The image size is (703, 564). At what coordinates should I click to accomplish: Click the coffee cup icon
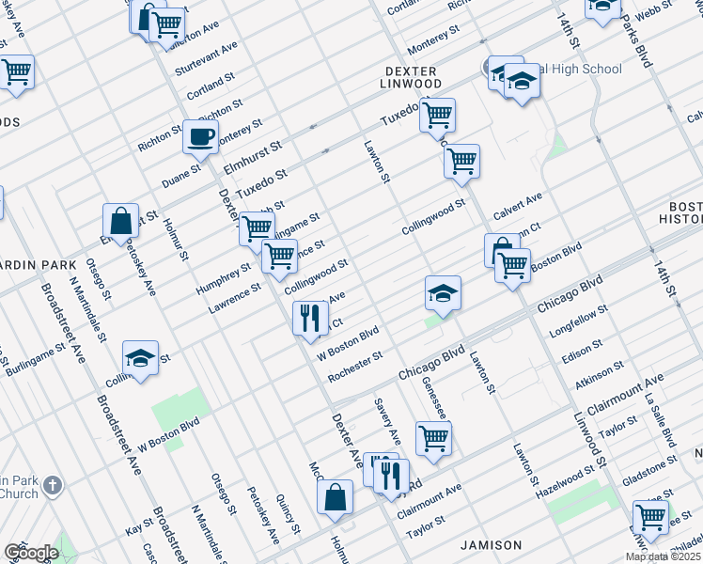[200, 136]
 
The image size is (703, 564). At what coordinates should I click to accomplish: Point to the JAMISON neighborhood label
[491, 545]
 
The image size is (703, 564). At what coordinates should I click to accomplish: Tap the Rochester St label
[354, 368]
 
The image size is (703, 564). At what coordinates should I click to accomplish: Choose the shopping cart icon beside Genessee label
[433, 437]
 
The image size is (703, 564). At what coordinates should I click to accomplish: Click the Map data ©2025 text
[661, 556]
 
